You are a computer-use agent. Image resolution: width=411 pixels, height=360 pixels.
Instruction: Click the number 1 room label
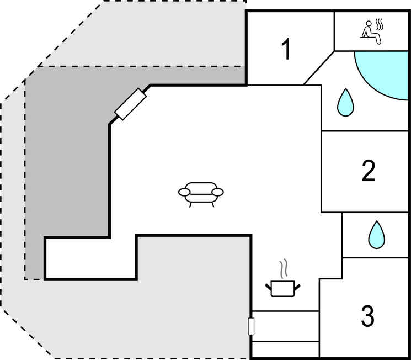click(286, 50)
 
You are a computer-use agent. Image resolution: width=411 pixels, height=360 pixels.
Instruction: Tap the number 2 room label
click(369, 171)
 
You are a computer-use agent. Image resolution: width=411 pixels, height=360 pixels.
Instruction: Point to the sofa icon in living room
click(201, 193)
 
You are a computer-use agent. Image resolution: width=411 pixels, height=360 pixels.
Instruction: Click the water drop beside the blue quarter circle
click(345, 102)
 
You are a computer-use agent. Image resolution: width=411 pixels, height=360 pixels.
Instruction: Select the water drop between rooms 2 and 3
click(377, 234)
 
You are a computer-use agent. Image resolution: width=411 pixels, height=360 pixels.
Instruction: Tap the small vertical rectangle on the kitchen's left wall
click(251, 326)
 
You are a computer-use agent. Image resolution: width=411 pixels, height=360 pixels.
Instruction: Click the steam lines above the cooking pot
click(284, 269)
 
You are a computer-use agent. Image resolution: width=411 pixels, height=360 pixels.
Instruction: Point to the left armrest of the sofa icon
click(184, 192)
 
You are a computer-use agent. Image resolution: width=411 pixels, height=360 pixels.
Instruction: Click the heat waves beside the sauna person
click(379, 25)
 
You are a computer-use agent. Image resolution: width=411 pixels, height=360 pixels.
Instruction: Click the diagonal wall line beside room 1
click(319, 68)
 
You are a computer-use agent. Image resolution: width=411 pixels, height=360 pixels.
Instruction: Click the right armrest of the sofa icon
click(218, 192)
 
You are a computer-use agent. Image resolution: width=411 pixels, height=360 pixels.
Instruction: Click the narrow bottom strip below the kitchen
click(285, 349)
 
